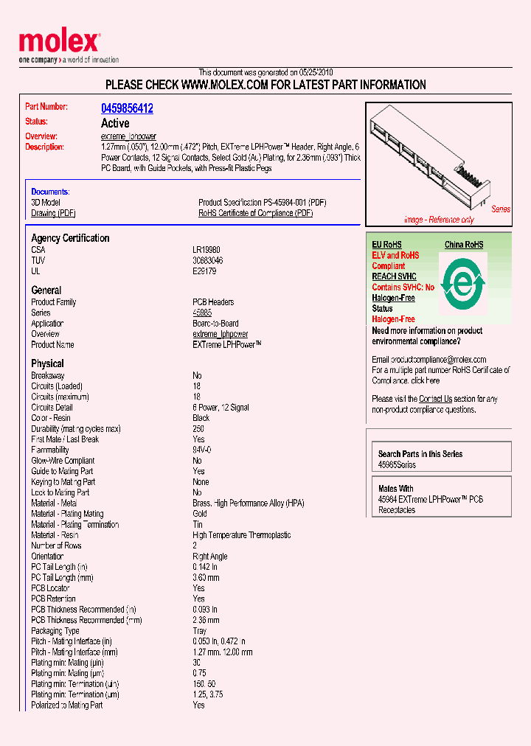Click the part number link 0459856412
127,108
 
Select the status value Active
115,123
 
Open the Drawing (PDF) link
53,213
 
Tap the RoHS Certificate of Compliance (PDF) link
255,213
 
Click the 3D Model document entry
46,202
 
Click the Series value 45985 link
203,313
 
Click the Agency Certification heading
70,238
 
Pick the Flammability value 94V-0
203,450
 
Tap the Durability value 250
198,428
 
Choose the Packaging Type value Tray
201,631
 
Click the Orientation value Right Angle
210,557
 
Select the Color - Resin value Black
201,418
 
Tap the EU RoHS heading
387,245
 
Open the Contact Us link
435,399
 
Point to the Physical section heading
47,363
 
